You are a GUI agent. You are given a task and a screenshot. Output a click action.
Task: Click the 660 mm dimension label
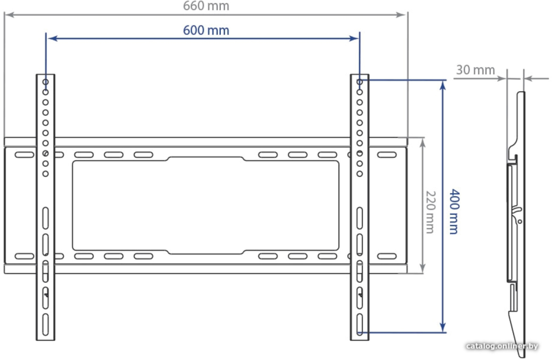coord(206,6)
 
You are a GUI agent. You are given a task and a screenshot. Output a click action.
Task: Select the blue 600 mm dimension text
coord(206,30)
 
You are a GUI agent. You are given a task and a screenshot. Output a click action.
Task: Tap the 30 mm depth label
coord(475,70)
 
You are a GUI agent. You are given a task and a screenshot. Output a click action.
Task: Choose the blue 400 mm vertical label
coord(454,212)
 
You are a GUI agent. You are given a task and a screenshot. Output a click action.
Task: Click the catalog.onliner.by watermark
coord(502,346)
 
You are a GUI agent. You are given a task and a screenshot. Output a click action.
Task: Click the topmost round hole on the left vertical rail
coord(46,82)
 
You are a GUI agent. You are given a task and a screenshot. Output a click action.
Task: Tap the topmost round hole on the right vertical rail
coord(359,82)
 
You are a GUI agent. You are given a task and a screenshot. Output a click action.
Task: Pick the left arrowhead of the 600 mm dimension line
coord(53,38)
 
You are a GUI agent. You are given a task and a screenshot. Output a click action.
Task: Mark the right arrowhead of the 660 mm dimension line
coord(401,15)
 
